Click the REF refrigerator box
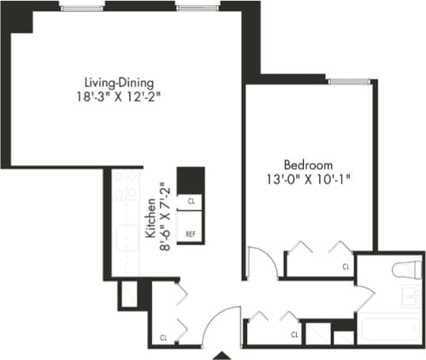point(190,234)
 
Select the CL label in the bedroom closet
point(346,267)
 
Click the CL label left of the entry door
point(164,337)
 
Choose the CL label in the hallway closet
point(295,335)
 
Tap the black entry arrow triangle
point(224,354)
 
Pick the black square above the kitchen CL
point(190,180)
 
